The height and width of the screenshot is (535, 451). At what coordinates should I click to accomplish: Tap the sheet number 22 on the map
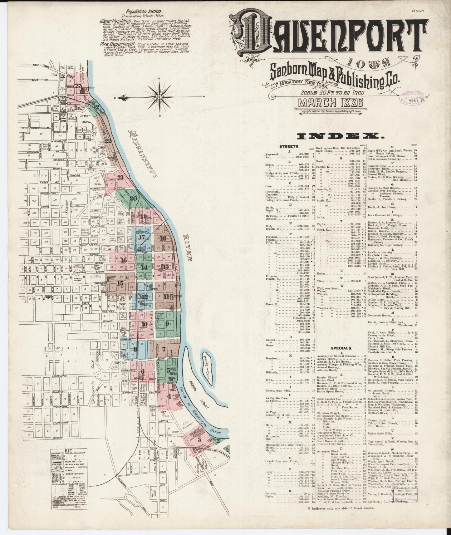(x=108, y=141)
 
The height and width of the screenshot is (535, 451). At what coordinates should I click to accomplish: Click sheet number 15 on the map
(x=120, y=283)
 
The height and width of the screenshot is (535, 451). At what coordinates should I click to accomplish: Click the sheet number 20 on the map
(x=133, y=199)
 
